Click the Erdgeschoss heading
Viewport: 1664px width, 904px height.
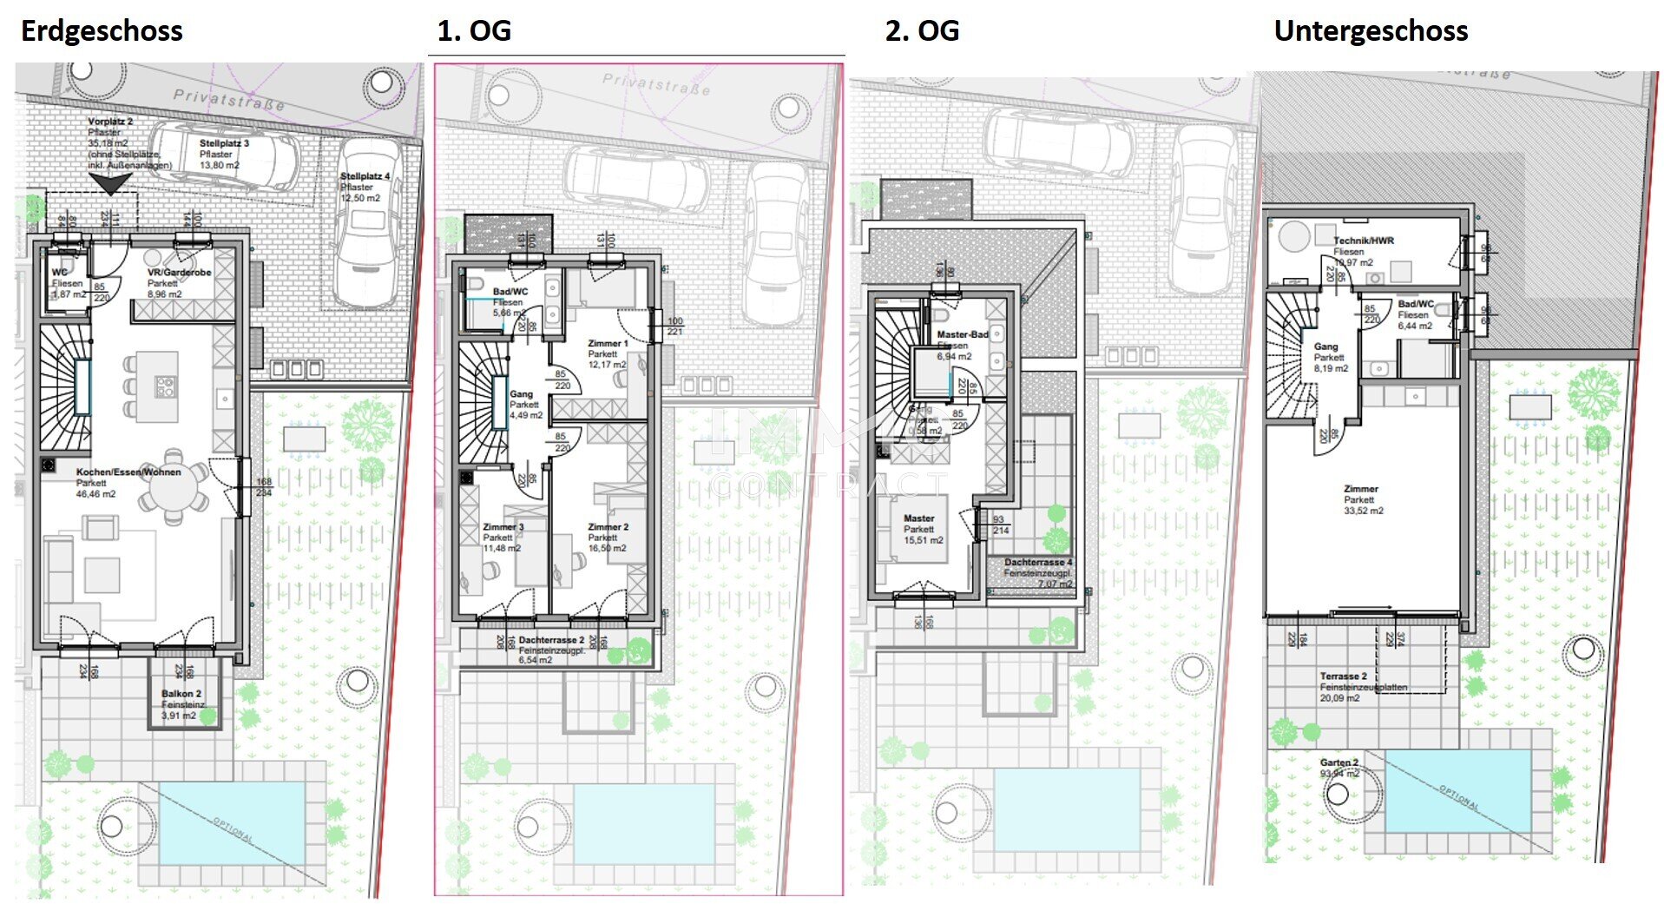coord(102,31)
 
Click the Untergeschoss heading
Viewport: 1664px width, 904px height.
coord(1370,31)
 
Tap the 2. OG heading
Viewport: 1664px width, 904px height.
coord(921,31)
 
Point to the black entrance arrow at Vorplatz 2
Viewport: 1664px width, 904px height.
coord(111,183)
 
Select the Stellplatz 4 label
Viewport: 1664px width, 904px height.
coord(365,176)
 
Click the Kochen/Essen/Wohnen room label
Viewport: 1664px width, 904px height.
coord(128,472)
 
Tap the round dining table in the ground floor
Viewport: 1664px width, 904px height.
coord(174,491)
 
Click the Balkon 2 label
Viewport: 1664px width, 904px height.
coord(181,694)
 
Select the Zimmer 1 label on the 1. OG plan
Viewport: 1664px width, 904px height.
coord(608,344)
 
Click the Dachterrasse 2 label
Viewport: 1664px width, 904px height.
coord(551,640)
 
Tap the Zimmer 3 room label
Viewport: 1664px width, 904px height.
coord(503,527)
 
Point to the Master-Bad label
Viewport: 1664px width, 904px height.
coord(962,334)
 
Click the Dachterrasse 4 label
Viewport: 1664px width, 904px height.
coord(1038,562)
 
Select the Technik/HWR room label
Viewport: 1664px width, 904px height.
coord(1363,241)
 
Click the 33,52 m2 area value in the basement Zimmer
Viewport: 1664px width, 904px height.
coord(1363,511)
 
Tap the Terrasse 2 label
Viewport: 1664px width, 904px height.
coord(1343,676)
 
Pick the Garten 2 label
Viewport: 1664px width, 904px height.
coord(1339,762)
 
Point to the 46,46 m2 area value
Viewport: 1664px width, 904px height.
coord(95,494)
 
